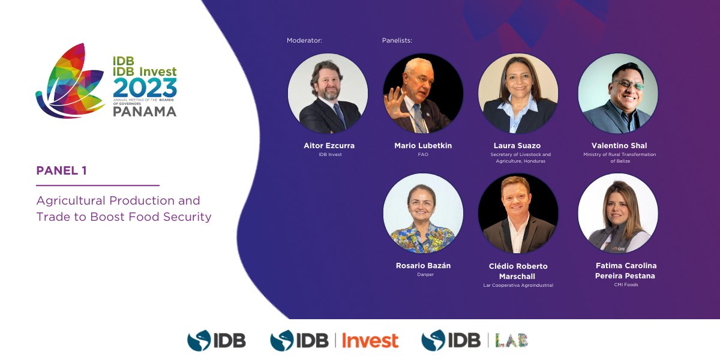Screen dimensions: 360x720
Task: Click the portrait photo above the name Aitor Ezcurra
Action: tap(328, 94)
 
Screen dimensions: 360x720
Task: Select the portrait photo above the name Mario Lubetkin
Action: tap(423, 94)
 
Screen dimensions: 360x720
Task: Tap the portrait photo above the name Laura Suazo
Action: tap(518, 94)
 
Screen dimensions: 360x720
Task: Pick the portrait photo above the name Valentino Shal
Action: tap(618, 94)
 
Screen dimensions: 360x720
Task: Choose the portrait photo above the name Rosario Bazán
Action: tap(423, 214)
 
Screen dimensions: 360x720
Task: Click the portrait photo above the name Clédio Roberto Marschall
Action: tap(518, 214)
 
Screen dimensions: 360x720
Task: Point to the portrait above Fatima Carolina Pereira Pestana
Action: tap(618, 214)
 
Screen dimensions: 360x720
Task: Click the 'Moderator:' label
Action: tap(304, 41)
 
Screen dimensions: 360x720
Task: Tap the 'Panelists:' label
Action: tap(397, 41)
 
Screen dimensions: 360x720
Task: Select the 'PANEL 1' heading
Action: tap(62, 171)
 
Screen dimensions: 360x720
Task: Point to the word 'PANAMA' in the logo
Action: tap(145, 112)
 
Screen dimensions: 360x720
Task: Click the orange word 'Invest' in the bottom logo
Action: tap(370, 341)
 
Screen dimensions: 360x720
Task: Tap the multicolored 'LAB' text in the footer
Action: tap(512, 341)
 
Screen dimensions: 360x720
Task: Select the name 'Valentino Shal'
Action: tap(619, 146)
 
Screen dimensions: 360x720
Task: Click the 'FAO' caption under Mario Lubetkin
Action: tap(422, 155)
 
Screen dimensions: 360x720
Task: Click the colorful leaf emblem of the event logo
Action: tap(69, 81)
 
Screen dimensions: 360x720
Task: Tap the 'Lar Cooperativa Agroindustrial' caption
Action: tap(518, 286)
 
